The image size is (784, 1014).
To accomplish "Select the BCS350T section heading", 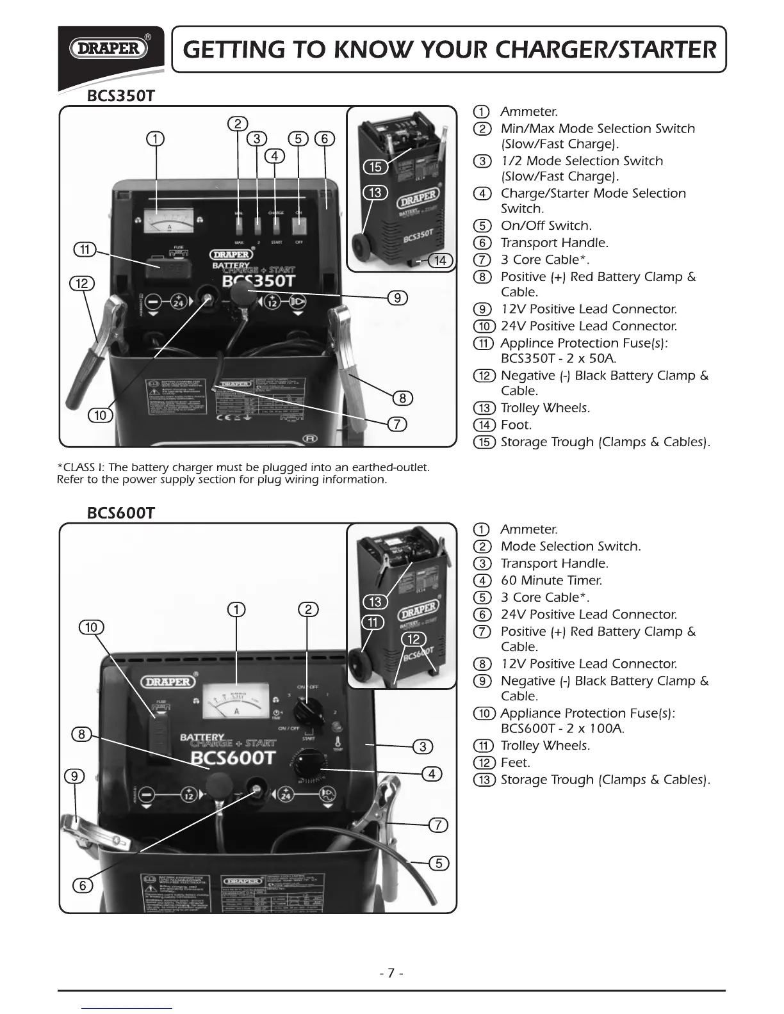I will click(121, 96).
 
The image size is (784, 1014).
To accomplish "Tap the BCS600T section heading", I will click(121, 513).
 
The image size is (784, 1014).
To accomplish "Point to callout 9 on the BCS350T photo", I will click(397, 298).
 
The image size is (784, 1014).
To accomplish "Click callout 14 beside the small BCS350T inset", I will click(440, 261).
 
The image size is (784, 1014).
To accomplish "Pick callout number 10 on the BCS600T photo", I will click(91, 627).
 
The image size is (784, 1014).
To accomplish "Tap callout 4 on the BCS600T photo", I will click(432, 774).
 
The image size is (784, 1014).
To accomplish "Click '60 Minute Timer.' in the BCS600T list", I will click(551, 581).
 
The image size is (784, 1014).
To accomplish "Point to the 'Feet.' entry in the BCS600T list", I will click(515, 762).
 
